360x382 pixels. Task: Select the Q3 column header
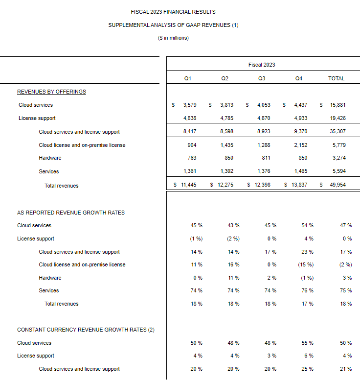coord(262,78)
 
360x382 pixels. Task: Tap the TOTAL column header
coord(336,78)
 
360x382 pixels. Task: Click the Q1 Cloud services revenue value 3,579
coord(189,105)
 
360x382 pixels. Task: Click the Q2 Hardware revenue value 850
coord(226,158)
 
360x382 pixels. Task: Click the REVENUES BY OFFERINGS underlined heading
coord(51,92)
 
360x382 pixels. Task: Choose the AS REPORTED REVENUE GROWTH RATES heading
coord(71,213)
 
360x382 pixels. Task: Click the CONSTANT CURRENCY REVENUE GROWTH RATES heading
coord(86,330)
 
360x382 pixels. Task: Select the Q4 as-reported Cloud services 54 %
coord(307,225)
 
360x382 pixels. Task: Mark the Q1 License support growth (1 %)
coord(196,239)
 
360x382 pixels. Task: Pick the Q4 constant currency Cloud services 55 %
coord(307,343)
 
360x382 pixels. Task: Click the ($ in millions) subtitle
coord(173,38)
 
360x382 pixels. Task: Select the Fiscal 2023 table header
coord(262,65)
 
